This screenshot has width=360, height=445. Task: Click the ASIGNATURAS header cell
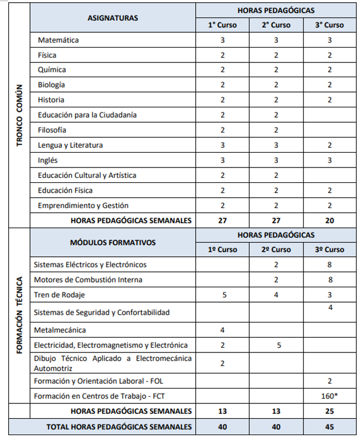tap(113, 18)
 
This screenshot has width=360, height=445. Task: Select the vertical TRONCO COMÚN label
tap(19, 115)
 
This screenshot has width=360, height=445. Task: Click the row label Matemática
tap(58, 40)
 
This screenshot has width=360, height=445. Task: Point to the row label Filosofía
tap(52, 130)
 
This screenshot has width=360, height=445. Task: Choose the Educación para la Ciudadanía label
tap(87, 115)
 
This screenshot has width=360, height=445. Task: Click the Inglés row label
tap(48, 160)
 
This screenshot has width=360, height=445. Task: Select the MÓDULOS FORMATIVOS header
tap(113, 242)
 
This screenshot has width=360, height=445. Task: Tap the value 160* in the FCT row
tap(330, 396)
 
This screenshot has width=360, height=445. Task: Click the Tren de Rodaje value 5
tap(222, 295)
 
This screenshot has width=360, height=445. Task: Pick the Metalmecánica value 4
tap(222, 330)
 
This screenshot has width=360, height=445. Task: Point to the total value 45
tap(330, 426)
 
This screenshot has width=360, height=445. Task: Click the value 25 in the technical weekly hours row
tap(330, 411)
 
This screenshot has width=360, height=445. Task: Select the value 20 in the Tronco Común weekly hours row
tap(330, 221)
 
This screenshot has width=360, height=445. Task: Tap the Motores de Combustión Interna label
tap(88, 280)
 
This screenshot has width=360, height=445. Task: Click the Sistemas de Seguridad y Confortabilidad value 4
tap(330, 308)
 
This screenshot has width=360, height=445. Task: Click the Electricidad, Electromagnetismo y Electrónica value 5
tap(276, 345)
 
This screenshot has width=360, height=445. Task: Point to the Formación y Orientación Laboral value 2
tap(330, 381)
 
